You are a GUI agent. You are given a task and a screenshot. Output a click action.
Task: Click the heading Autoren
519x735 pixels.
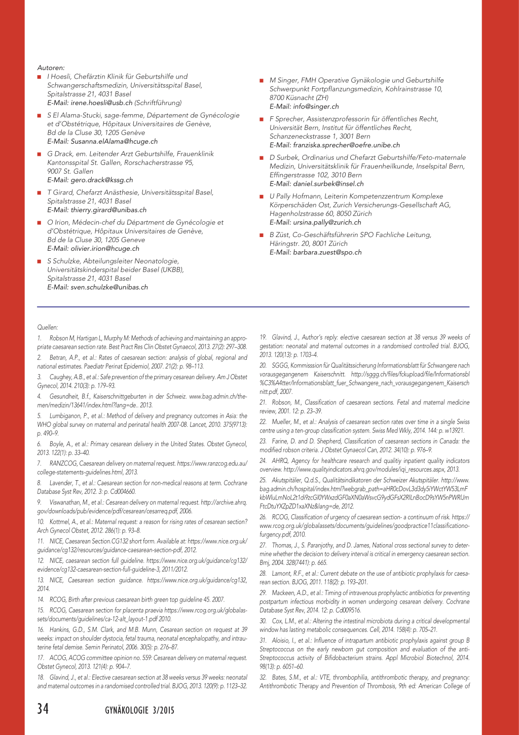click(51, 68)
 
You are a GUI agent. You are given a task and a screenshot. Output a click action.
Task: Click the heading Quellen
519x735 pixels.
click(48, 327)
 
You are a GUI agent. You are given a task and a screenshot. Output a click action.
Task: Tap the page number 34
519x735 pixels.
click(43, 709)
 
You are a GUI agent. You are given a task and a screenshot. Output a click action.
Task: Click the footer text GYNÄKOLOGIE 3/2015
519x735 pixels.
click(139, 710)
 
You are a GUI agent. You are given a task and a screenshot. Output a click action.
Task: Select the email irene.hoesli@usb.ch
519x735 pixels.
click(101, 103)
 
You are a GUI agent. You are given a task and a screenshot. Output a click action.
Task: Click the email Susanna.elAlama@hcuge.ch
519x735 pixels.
click(114, 141)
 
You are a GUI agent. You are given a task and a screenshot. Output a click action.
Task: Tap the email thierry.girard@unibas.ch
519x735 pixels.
click(108, 210)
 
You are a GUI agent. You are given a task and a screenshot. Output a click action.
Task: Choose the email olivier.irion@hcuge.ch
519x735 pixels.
click(105, 248)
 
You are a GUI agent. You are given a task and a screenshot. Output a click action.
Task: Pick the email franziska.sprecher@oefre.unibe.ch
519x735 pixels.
click(346, 145)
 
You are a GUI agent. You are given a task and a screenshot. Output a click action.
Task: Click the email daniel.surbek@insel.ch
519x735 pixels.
click(328, 184)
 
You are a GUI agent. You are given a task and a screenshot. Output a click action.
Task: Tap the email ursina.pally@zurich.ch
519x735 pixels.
click(327, 222)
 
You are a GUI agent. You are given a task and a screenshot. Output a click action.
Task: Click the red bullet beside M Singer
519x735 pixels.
click(262, 81)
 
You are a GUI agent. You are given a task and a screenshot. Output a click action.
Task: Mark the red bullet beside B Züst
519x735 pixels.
click(262, 235)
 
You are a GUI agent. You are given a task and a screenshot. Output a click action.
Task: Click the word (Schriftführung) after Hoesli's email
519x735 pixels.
click(158, 103)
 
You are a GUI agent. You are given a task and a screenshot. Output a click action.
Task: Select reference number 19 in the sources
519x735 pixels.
click(263, 337)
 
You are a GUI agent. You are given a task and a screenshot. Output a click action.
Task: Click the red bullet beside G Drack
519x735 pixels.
click(39, 154)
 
